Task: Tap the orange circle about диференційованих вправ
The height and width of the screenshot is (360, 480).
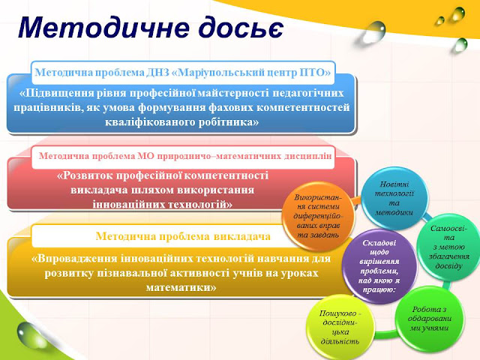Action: [x=317, y=216]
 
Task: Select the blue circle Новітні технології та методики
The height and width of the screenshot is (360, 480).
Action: [x=394, y=198]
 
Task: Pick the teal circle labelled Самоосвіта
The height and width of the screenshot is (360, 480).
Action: [x=448, y=247]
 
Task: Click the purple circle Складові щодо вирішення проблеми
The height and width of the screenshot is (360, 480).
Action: [x=379, y=266]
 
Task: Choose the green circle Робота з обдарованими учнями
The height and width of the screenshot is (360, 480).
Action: [x=429, y=318]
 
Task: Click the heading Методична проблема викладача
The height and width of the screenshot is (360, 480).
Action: [x=183, y=236]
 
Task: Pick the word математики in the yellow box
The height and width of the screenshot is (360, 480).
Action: [x=181, y=287]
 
